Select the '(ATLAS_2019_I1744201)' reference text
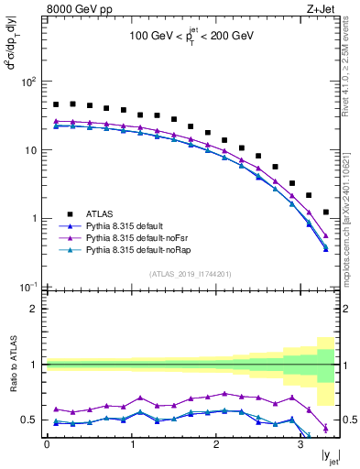pyautogui.click(x=191, y=274)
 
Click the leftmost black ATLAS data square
pyautogui.click(x=56, y=105)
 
